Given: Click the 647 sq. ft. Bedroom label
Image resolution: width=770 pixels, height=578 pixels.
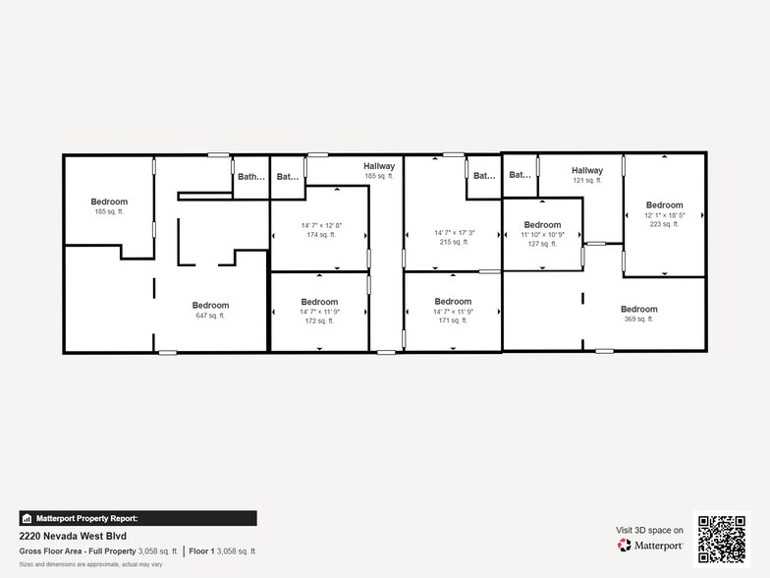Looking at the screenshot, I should (210, 310).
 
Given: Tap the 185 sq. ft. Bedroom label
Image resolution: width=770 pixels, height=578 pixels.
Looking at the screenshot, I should (109, 206).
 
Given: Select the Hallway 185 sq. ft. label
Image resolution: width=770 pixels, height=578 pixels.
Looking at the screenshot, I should (378, 171).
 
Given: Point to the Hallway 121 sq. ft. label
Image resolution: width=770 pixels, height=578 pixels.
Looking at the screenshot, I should (586, 175).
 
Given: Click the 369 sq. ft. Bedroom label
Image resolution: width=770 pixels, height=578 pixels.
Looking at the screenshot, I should (638, 314).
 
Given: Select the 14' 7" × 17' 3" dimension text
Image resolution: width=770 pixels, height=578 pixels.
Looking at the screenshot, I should (454, 233).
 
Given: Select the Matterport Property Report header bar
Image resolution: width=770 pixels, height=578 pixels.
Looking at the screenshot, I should (137, 518).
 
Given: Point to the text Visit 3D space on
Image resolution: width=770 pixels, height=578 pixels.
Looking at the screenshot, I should (649, 530).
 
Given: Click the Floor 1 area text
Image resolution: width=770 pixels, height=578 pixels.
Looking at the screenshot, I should (223, 551).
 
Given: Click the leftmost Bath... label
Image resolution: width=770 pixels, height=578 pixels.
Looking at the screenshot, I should (251, 177).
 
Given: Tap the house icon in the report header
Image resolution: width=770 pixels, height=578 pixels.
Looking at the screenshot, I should (27, 518).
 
